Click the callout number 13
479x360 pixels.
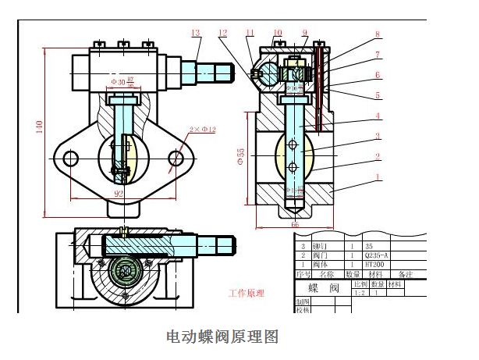point(196,33)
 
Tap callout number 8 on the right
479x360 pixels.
point(378,34)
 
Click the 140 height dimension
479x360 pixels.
point(37,127)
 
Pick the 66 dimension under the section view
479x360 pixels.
point(295,225)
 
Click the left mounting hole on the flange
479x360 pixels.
point(70,159)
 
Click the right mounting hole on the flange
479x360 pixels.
point(177,159)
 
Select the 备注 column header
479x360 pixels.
point(405,274)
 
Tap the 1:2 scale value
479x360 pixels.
point(360,294)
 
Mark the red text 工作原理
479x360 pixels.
point(246,294)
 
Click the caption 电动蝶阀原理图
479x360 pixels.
point(222,337)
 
